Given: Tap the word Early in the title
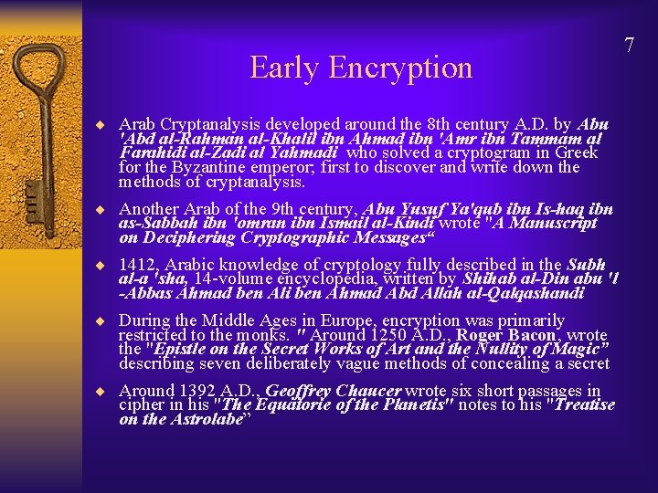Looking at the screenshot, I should [282, 68].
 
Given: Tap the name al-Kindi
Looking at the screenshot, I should [407, 223].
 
